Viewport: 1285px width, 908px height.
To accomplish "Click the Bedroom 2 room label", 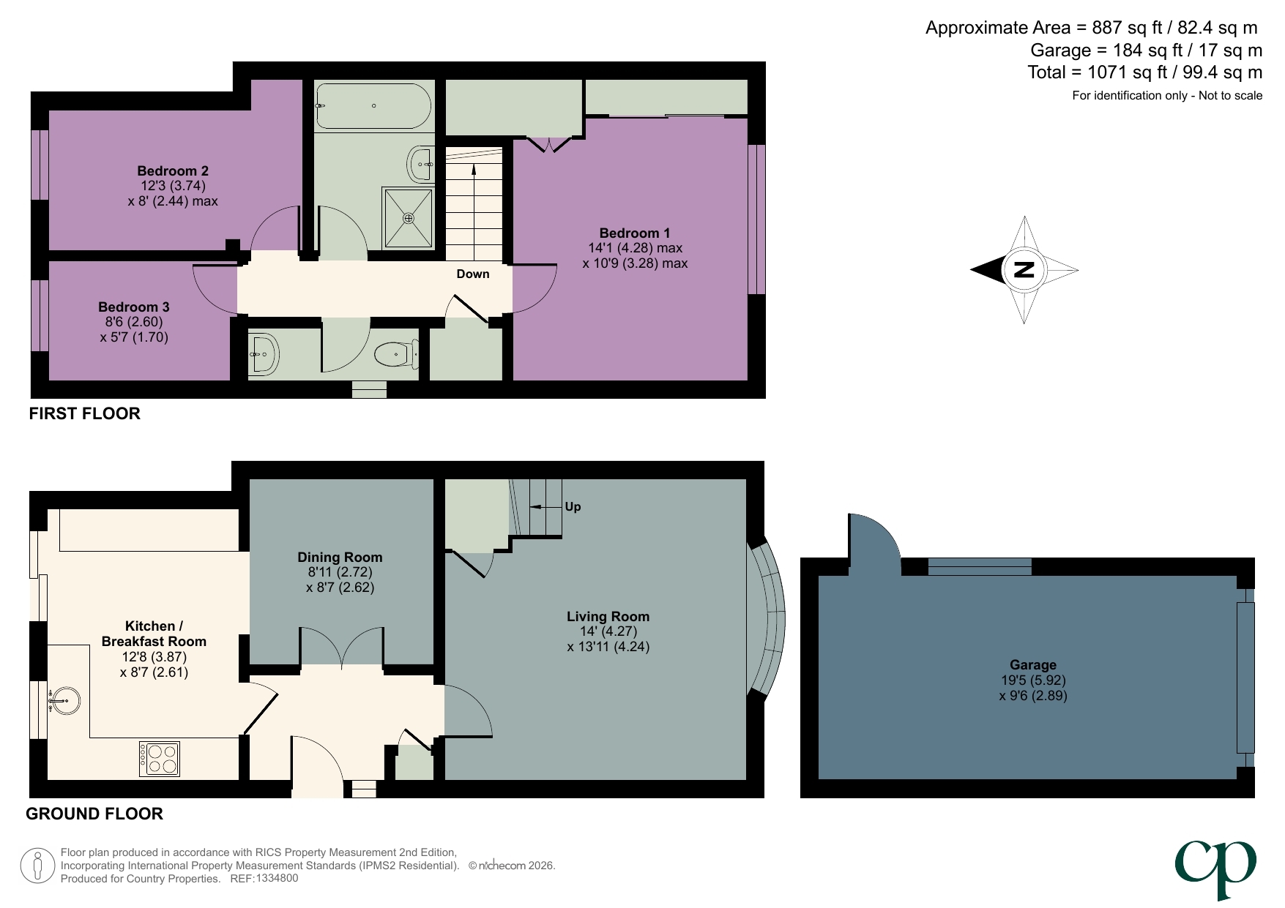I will click(x=173, y=170).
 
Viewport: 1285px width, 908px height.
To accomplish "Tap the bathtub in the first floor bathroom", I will click(x=373, y=106).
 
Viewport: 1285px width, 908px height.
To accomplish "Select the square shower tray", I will click(x=409, y=217).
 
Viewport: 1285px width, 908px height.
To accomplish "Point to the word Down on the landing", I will click(x=472, y=274).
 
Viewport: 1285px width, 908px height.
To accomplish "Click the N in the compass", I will click(x=1024, y=270).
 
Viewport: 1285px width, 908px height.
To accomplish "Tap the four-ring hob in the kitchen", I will click(x=160, y=759).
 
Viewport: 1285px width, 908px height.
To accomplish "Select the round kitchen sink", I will click(x=64, y=700).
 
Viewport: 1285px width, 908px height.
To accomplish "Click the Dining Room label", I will click(x=340, y=557).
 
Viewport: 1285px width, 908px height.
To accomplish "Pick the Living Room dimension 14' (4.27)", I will click(x=607, y=631).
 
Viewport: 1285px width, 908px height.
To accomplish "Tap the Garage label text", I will click(x=1032, y=664).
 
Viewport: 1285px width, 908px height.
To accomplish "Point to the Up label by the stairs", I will click(x=573, y=506).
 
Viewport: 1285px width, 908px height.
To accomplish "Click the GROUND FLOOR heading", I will click(x=94, y=814).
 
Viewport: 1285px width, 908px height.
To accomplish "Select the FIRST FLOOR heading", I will click(x=84, y=413).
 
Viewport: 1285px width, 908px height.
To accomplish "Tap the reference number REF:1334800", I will click(x=264, y=878).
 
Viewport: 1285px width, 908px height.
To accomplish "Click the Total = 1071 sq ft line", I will click(x=1144, y=72).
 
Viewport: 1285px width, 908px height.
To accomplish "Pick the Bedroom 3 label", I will click(x=134, y=307).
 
